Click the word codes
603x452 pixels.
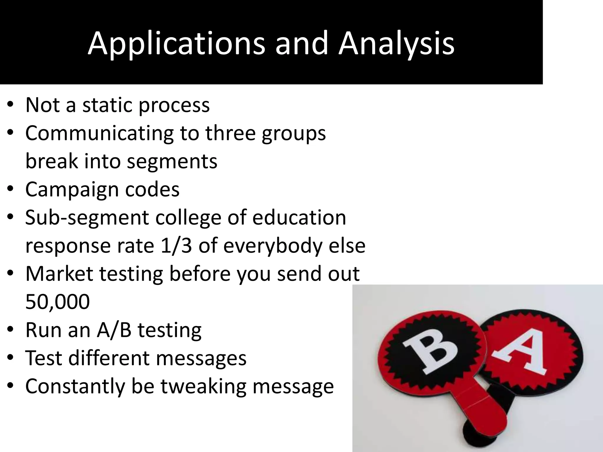coord(152,189)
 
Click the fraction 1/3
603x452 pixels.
coord(176,246)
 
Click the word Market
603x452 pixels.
coord(59,273)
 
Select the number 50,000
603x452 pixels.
coord(57,302)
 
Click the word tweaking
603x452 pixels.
coord(203,386)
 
